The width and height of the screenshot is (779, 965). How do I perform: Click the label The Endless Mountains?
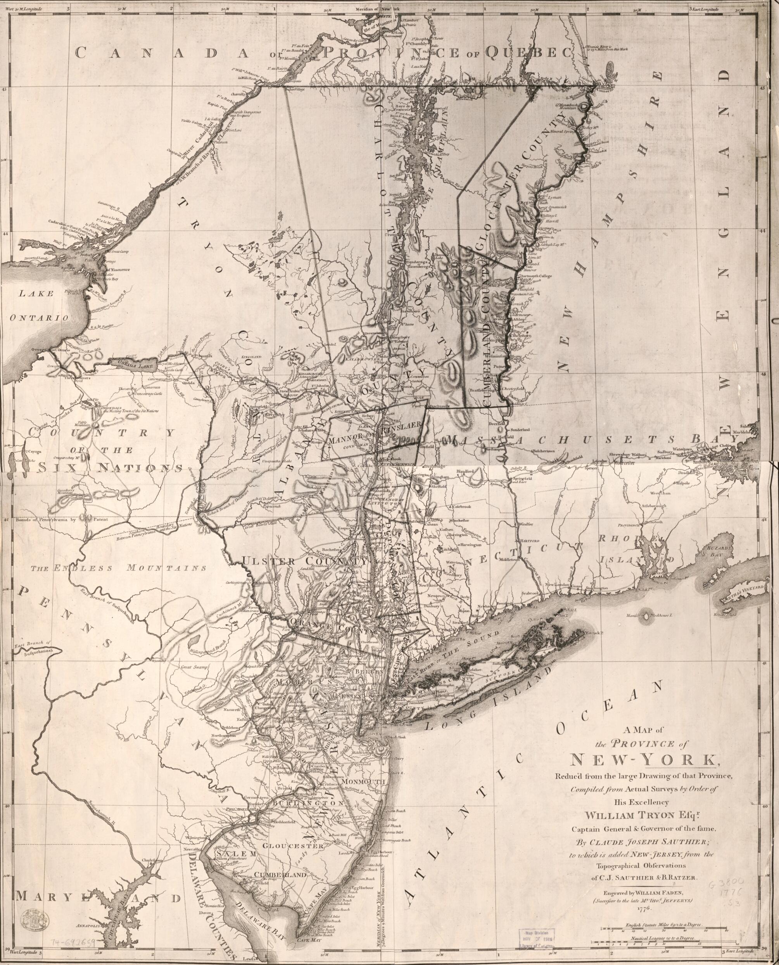click(119, 568)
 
